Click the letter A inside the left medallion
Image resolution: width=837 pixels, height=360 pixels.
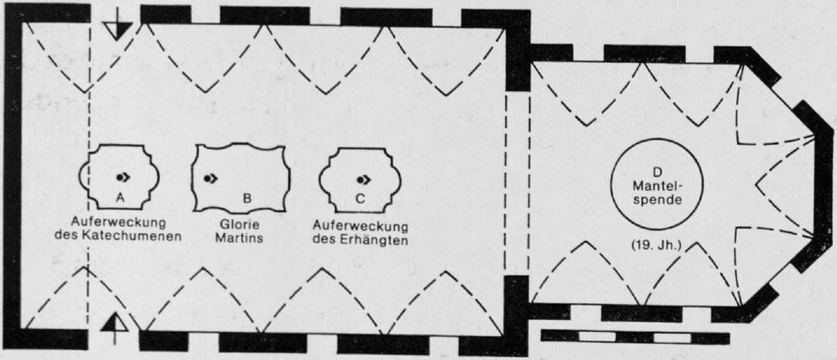120,198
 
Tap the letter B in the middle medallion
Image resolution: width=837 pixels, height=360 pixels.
247,199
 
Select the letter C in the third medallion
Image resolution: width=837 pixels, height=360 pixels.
360,199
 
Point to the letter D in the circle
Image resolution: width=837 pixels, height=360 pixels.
657,171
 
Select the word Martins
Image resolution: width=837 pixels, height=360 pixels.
240,238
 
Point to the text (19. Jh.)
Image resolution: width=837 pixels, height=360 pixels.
657,246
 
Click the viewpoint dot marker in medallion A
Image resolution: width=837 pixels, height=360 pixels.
122,177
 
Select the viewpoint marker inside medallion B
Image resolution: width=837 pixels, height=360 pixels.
210,178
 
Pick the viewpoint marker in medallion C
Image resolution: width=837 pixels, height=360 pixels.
365,178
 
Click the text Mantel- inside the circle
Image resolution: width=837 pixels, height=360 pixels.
658,187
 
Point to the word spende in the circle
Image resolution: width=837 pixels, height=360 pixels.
658,202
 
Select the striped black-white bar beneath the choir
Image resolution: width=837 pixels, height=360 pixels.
635,337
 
